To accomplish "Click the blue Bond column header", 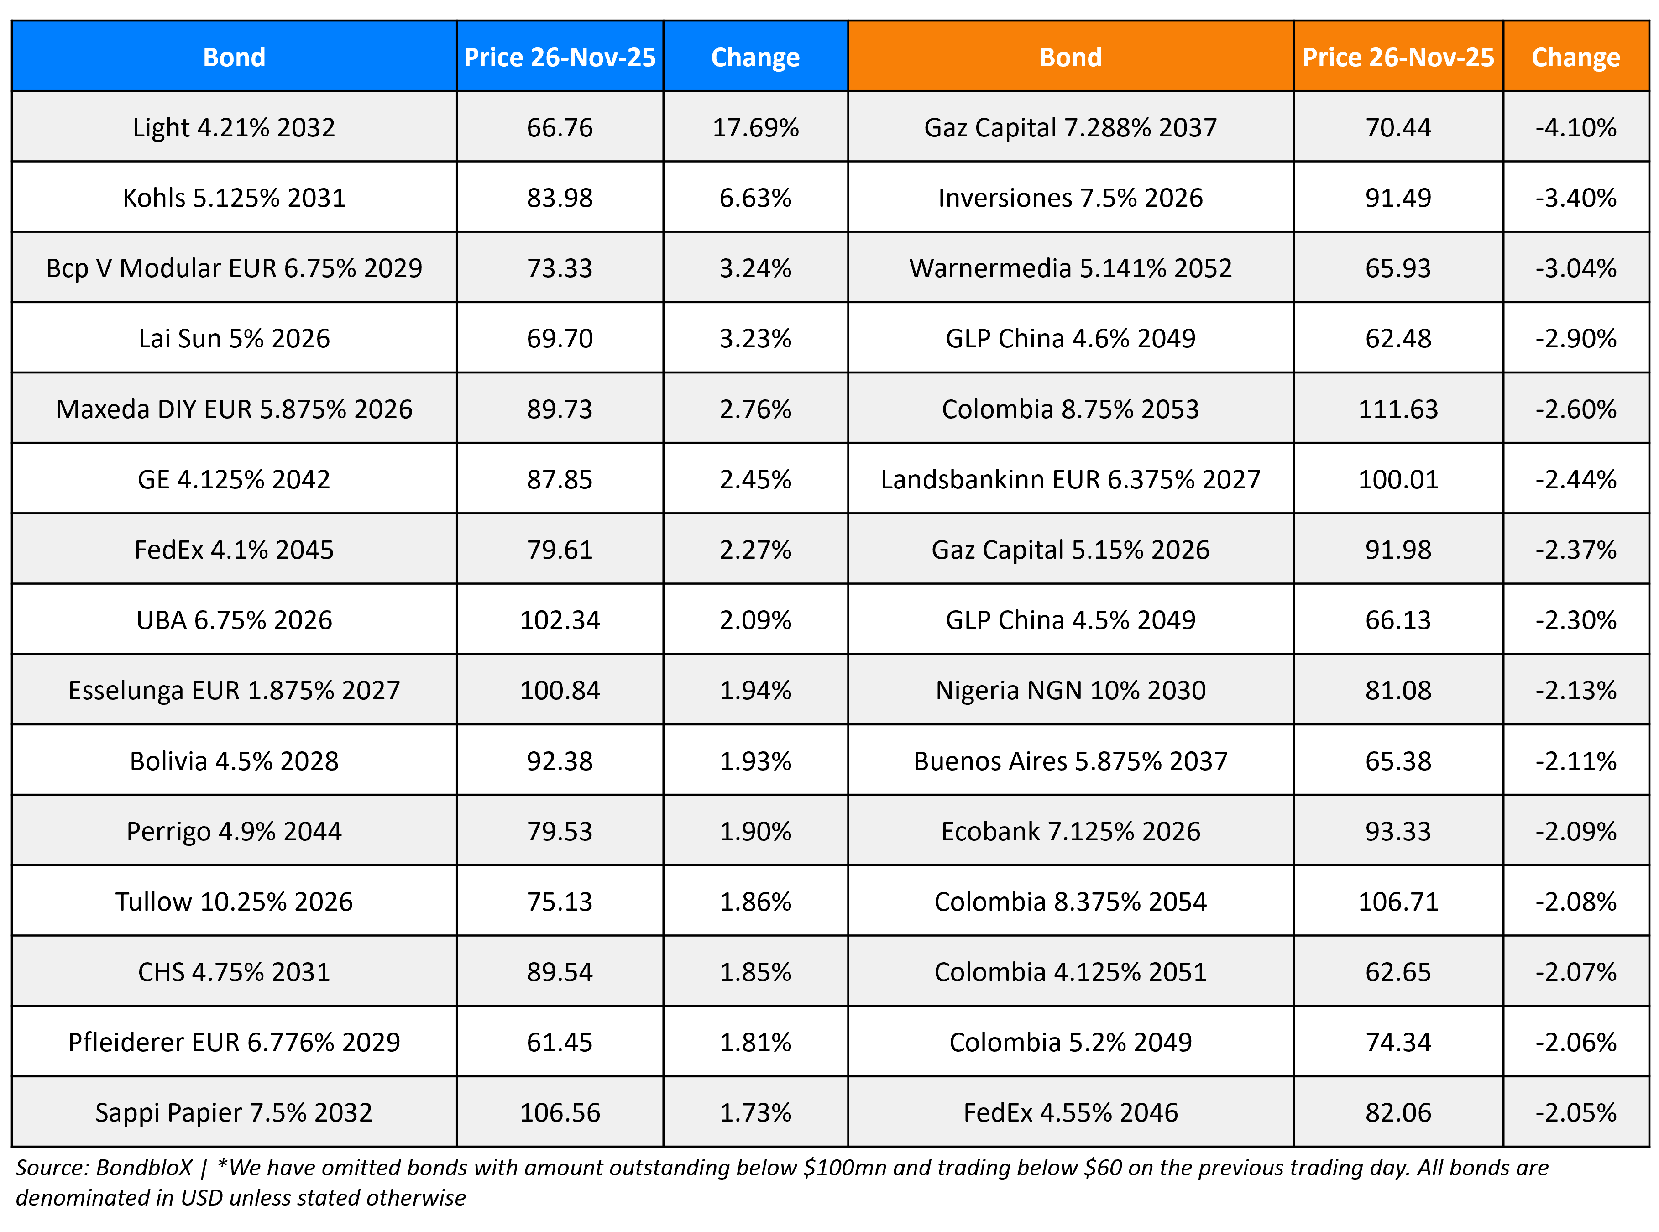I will click(234, 58).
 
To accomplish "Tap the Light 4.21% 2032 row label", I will click(234, 127).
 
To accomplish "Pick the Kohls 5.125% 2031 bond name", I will click(234, 198).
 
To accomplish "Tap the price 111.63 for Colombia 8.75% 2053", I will click(1397, 409).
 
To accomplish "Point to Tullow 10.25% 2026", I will click(234, 901).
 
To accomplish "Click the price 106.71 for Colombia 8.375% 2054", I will click(1397, 901).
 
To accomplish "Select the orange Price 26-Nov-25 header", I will click(1397, 58).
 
